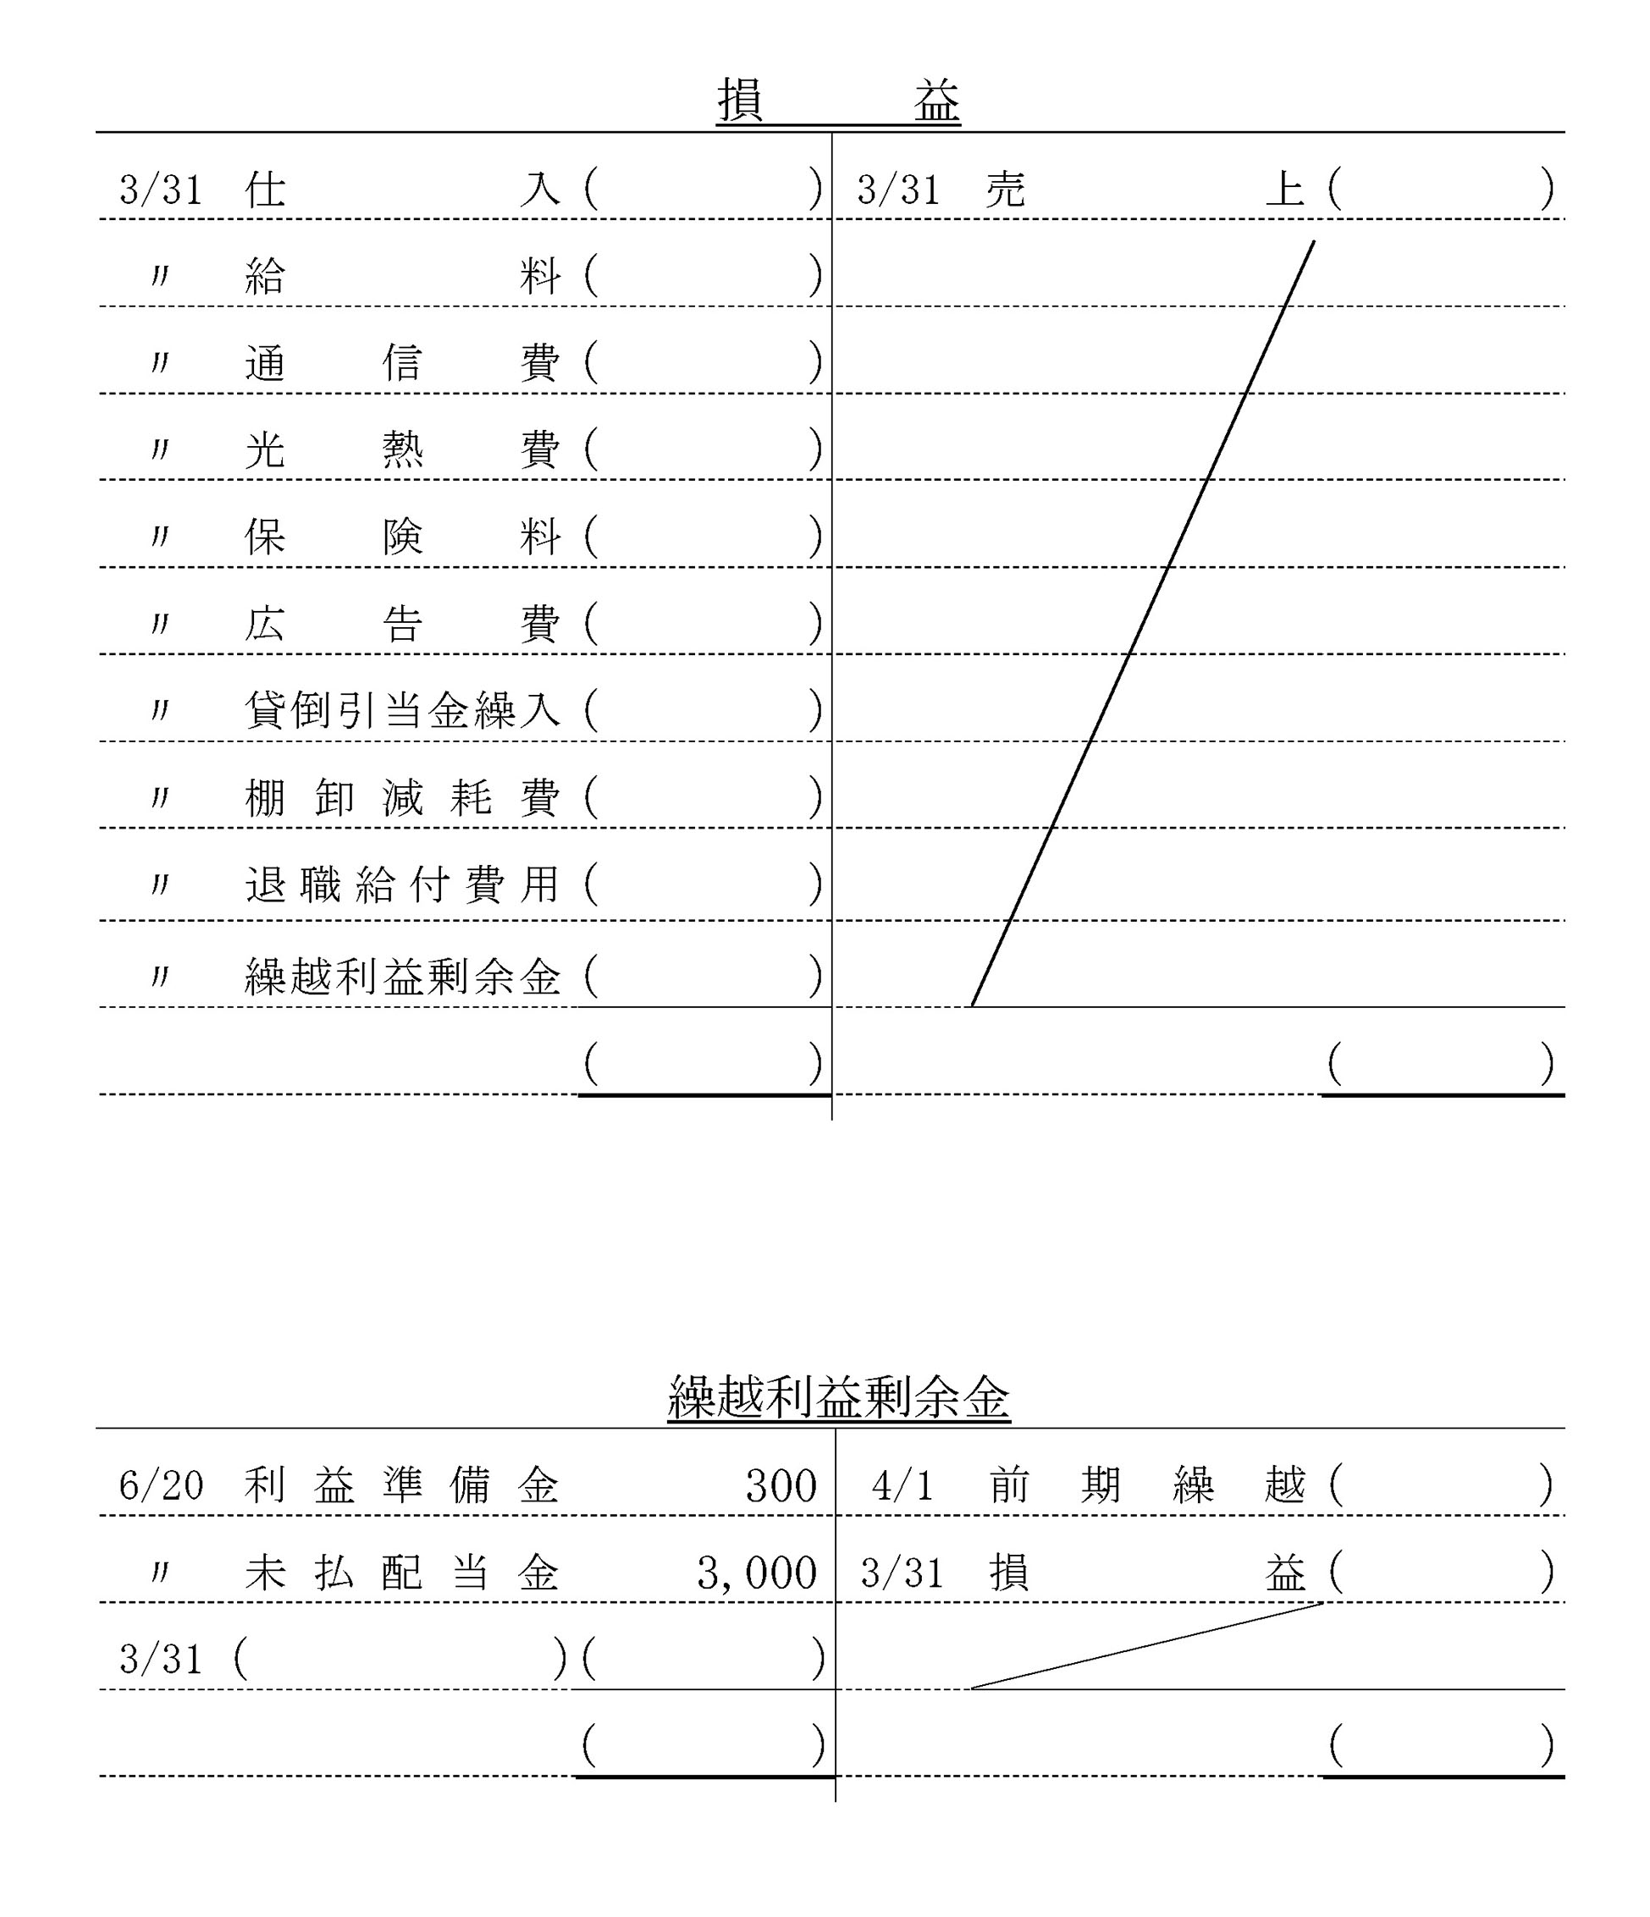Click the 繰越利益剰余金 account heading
(837, 1398)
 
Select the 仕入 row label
(402, 190)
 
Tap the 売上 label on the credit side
(1145, 190)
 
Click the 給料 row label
(402, 277)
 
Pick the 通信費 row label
(402, 363)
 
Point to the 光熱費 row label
(402, 449)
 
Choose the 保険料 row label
(402, 537)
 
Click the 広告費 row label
(402, 624)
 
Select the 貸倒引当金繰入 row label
(402, 711)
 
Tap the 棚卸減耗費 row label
(402, 797)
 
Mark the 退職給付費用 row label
(402, 884)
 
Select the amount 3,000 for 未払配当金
(757, 1573)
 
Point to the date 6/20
(161, 1487)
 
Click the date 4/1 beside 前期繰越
(902, 1487)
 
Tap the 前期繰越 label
(1146, 1487)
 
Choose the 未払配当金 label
(402, 1573)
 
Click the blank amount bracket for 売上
(1440, 190)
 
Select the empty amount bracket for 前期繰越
(1440, 1487)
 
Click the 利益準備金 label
(402, 1487)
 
